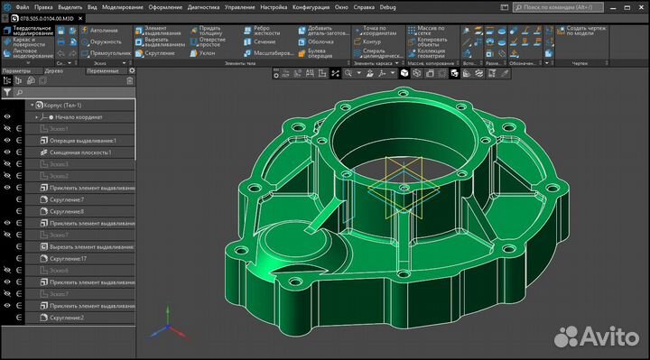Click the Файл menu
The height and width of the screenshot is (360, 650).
pyautogui.click(x=22, y=5)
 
